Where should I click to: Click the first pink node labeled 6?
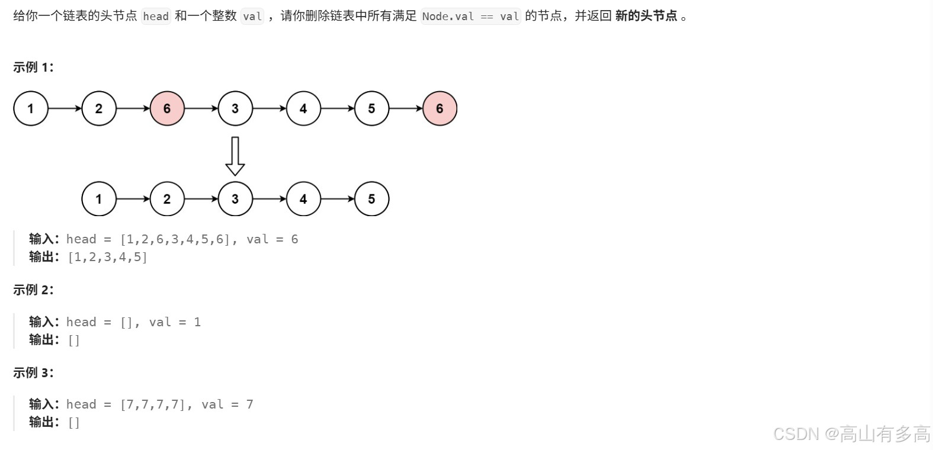167,108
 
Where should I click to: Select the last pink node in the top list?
440,108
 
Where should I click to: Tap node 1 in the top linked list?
31,108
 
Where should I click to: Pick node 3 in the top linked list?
235,108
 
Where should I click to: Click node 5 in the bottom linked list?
371,199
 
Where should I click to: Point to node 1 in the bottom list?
99,199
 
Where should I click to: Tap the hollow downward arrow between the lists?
235,156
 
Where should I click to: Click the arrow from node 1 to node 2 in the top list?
65,108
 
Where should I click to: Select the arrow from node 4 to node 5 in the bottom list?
338,199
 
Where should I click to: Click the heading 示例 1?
33,67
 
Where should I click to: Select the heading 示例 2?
33,290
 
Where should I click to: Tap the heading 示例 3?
33,372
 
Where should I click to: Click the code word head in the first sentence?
156,17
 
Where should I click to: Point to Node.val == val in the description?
470,17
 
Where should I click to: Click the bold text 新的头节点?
646,16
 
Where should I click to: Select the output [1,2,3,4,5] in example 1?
108,257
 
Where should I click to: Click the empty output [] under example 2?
74,340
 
